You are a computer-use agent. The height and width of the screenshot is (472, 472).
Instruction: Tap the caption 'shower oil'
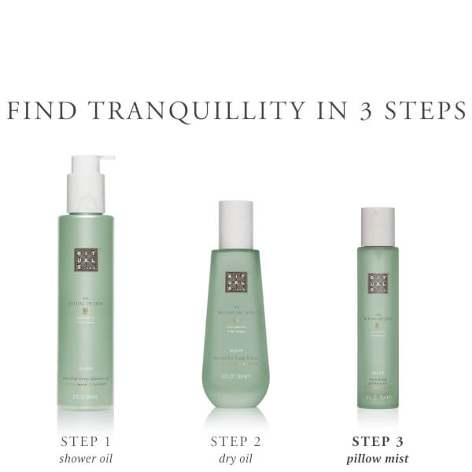(x=85, y=458)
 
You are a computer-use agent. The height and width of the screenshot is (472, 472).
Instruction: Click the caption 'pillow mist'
(x=378, y=458)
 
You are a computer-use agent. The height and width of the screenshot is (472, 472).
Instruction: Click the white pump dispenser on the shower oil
(x=87, y=185)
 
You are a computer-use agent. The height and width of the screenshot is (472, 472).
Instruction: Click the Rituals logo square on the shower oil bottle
(x=86, y=260)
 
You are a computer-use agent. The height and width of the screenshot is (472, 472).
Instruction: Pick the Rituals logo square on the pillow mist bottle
(x=378, y=283)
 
